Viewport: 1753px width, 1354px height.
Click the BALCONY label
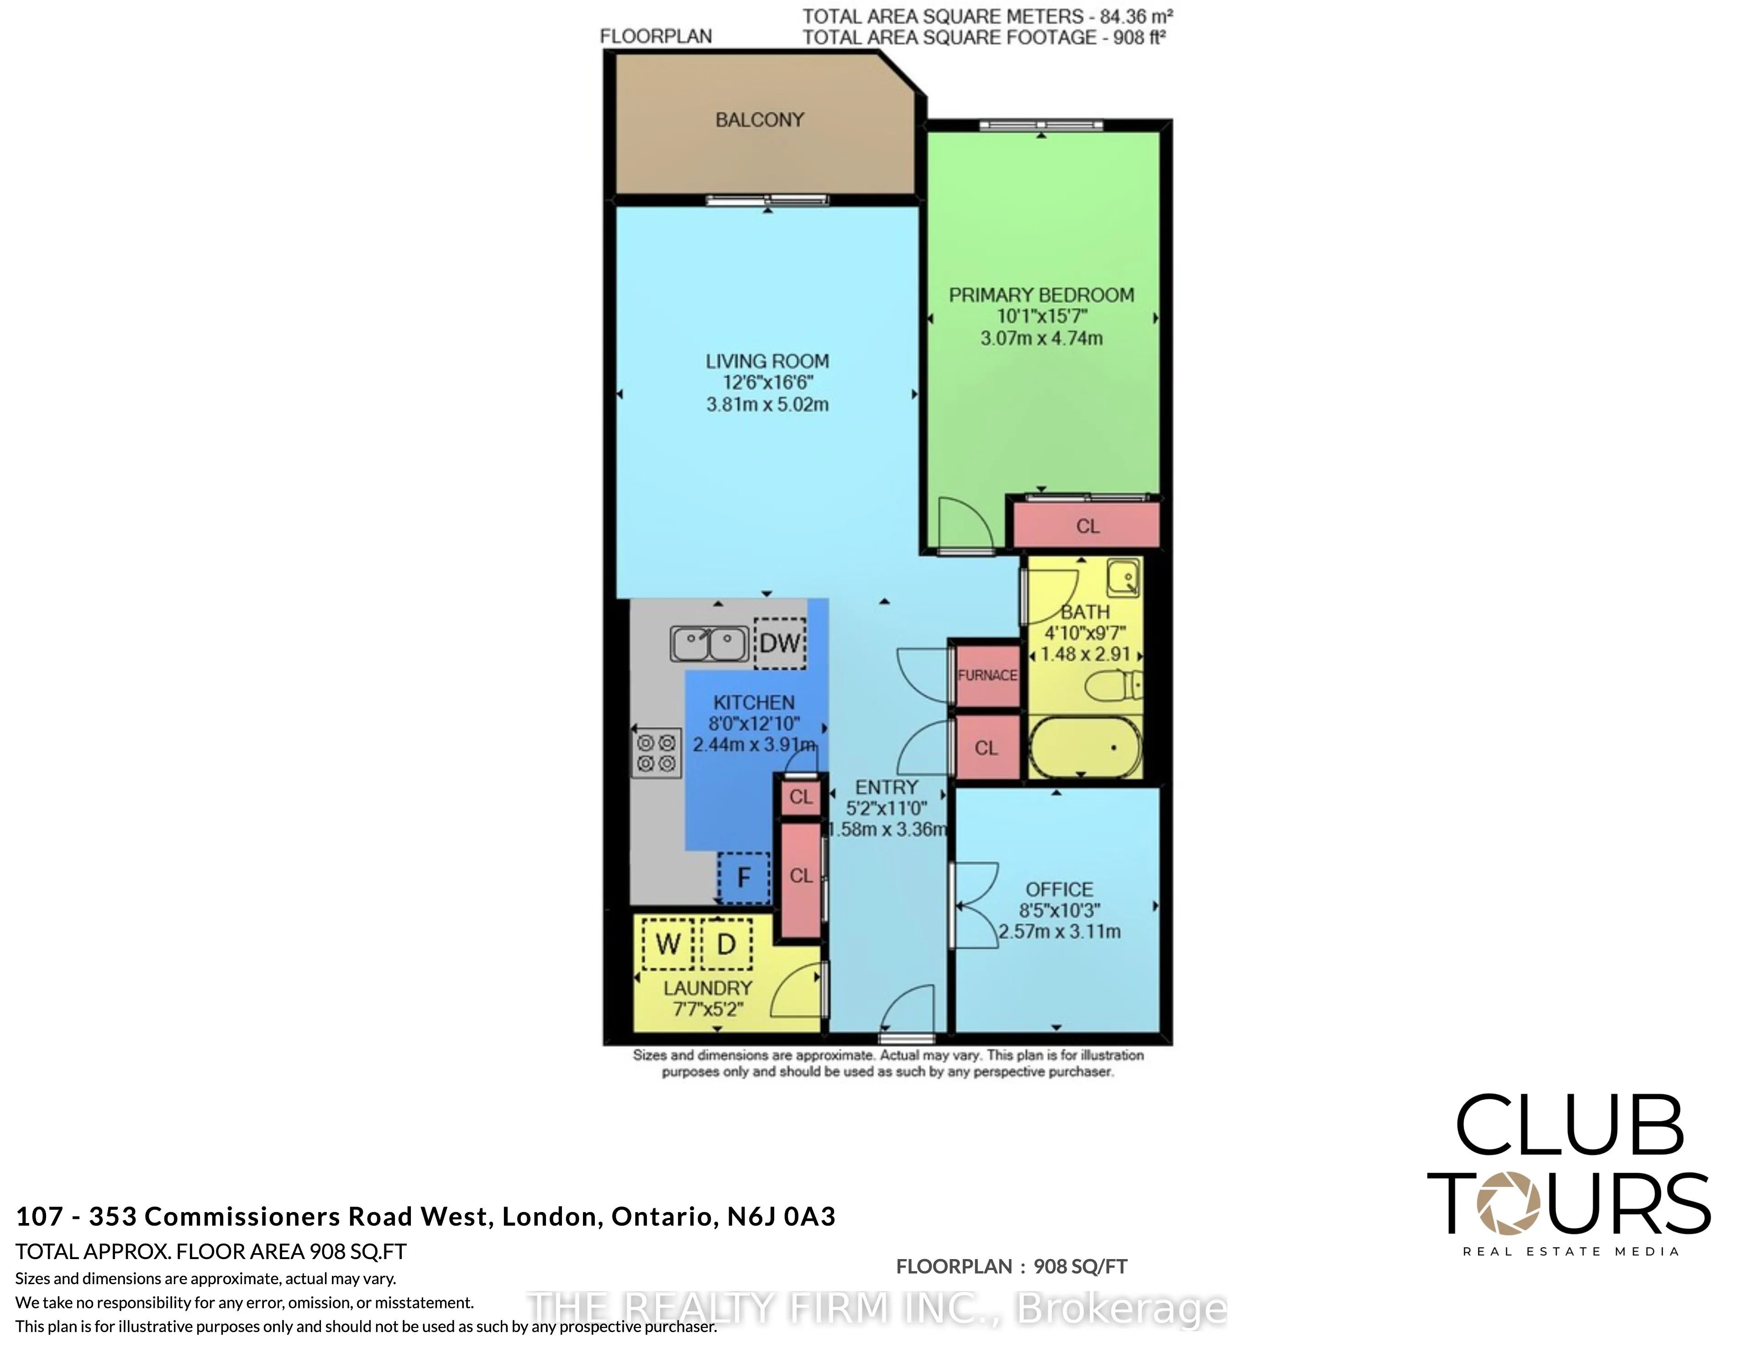(x=759, y=120)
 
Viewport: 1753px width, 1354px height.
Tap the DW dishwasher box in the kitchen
(x=779, y=643)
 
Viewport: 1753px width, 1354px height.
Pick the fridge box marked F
(x=743, y=877)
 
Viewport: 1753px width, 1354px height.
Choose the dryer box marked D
(x=726, y=944)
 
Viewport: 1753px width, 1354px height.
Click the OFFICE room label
(x=1060, y=889)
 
